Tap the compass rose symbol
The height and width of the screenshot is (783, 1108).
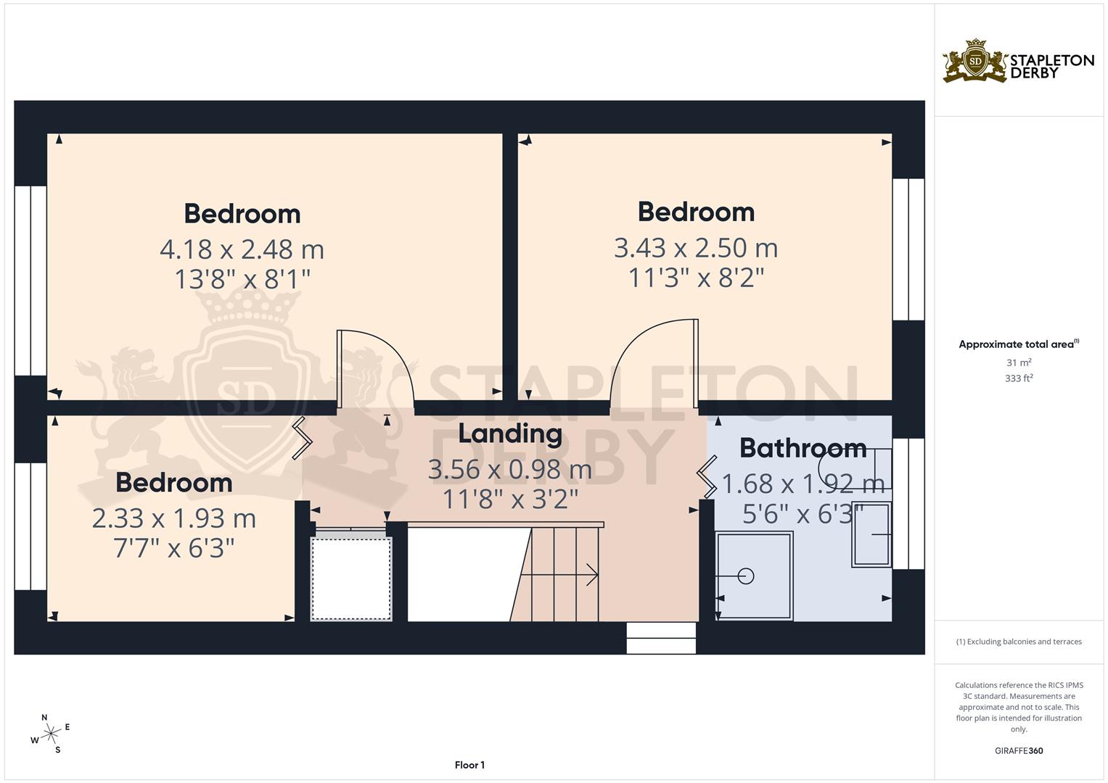pos(50,734)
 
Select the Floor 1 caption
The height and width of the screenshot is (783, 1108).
pos(469,765)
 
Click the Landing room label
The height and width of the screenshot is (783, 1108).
pos(510,434)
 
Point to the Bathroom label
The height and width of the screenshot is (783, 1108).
pos(803,448)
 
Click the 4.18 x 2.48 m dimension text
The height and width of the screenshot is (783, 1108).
pos(242,249)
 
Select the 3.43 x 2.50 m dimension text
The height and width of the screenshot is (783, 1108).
pos(696,248)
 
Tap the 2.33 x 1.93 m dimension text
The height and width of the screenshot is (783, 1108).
pos(173,518)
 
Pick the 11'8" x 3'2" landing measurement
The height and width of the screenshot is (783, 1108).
pos(510,499)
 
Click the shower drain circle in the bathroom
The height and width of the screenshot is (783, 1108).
pos(745,576)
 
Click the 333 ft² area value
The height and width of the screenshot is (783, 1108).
pos(1019,378)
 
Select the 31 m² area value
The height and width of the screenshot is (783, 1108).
pos(1019,362)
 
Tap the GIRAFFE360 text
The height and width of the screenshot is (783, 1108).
pos(1019,751)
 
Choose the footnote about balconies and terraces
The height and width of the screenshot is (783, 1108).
pos(1019,642)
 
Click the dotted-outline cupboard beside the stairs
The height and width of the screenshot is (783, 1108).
pos(351,579)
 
